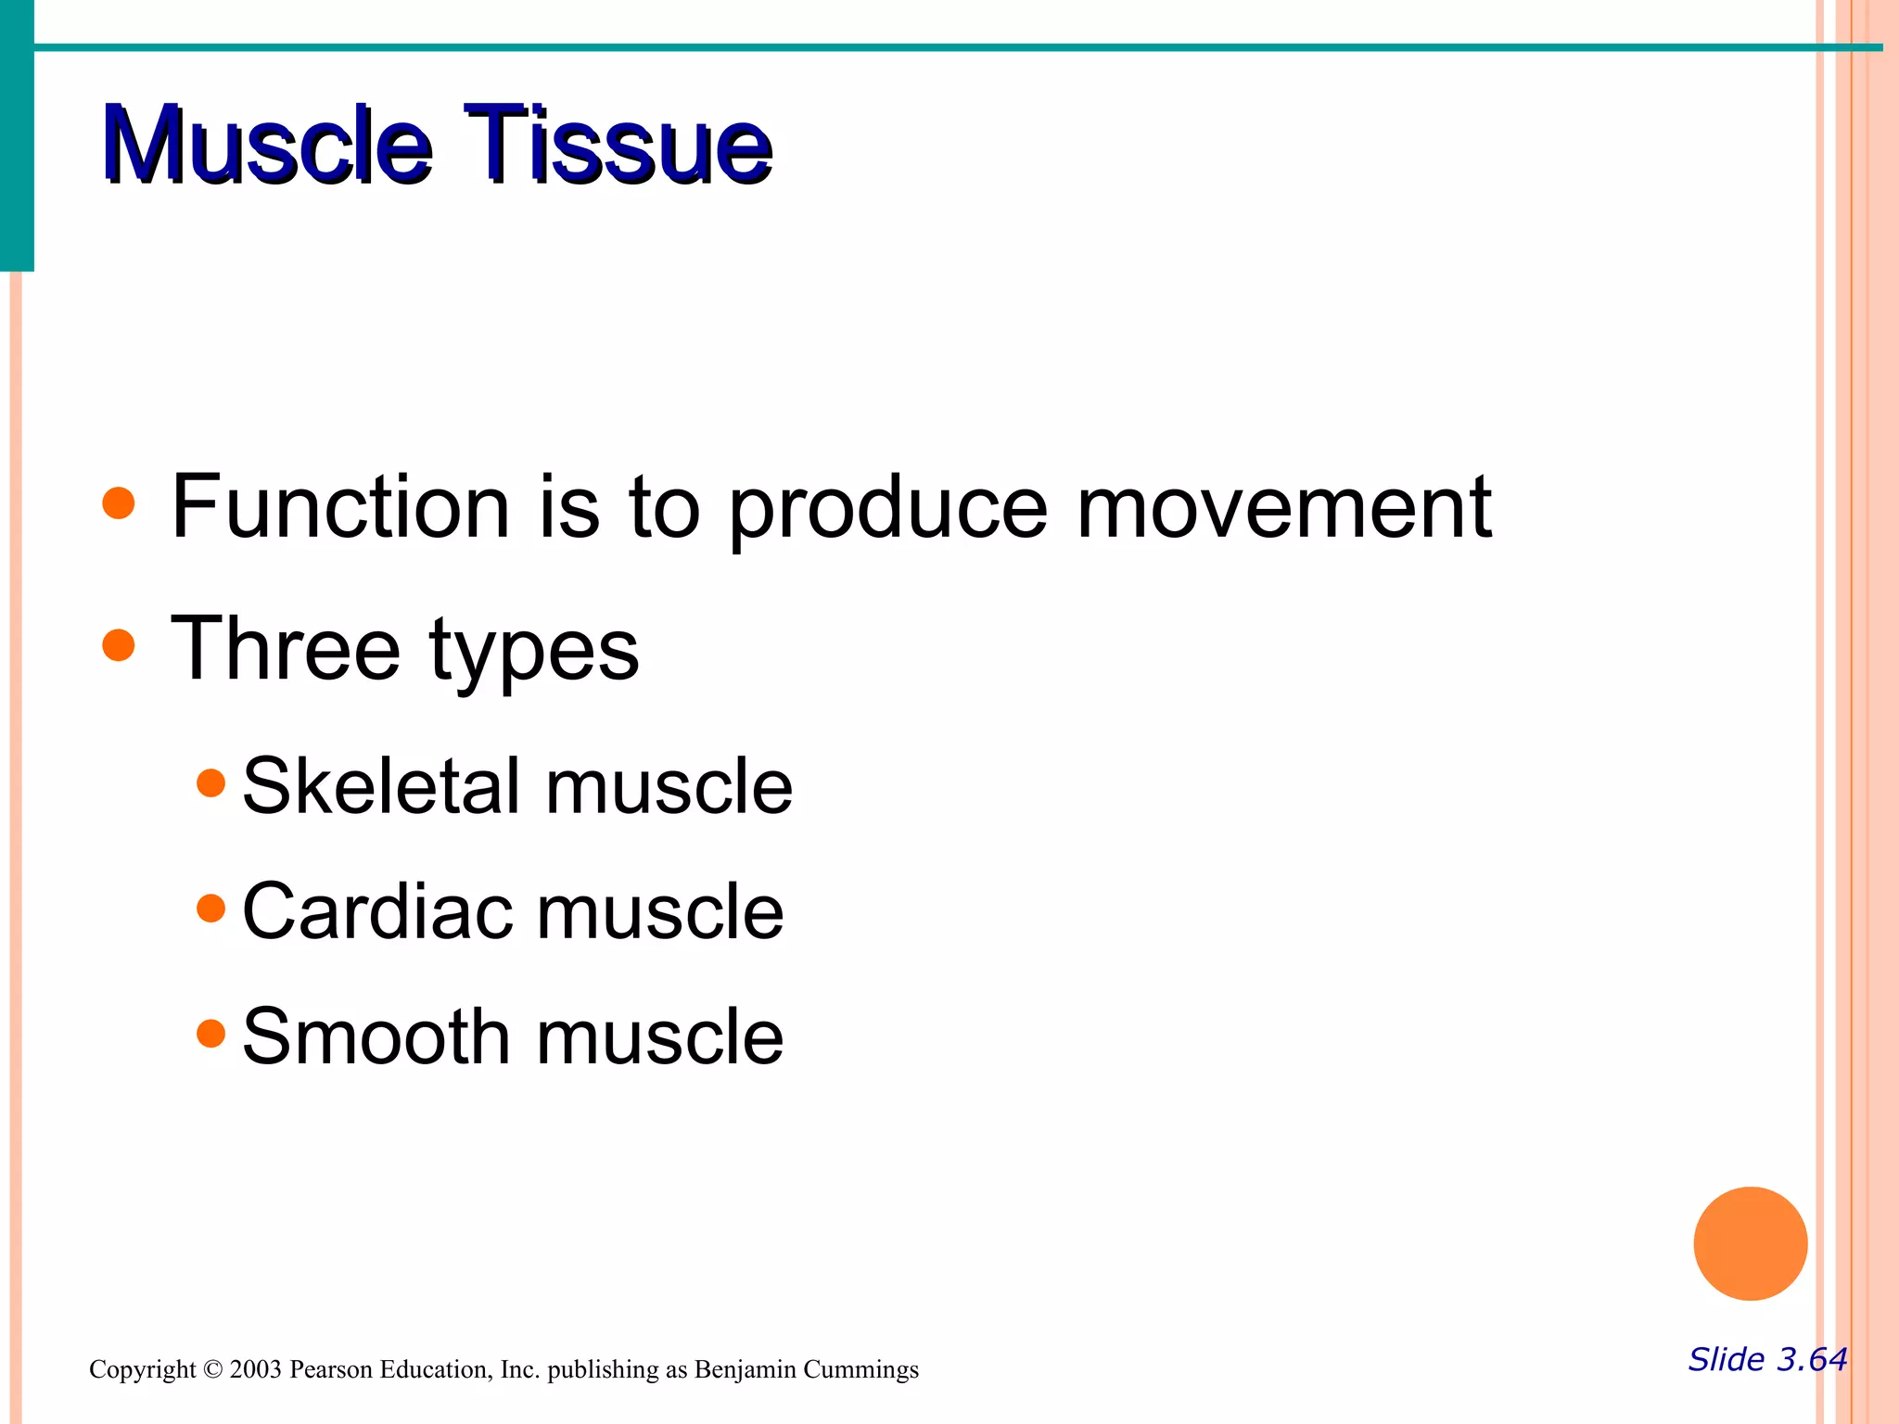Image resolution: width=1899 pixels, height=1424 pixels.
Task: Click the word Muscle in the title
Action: (267, 145)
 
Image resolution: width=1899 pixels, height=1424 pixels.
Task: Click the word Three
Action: (286, 648)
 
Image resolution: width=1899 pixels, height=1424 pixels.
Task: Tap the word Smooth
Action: (376, 1036)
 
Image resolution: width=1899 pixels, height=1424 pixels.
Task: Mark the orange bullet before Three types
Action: (119, 645)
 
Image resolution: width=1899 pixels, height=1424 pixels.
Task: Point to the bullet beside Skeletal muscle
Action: (211, 782)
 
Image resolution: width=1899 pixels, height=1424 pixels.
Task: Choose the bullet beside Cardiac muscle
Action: (211, 908)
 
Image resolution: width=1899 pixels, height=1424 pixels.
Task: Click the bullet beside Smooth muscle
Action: (211, 1033)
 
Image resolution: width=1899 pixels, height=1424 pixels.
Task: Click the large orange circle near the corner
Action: (1750, 1243)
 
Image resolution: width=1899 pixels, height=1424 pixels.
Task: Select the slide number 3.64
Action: (1811, 1359)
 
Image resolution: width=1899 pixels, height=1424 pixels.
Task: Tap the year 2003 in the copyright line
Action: (255, 1369)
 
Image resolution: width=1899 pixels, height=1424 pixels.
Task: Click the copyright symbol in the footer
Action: (213, 1369)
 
